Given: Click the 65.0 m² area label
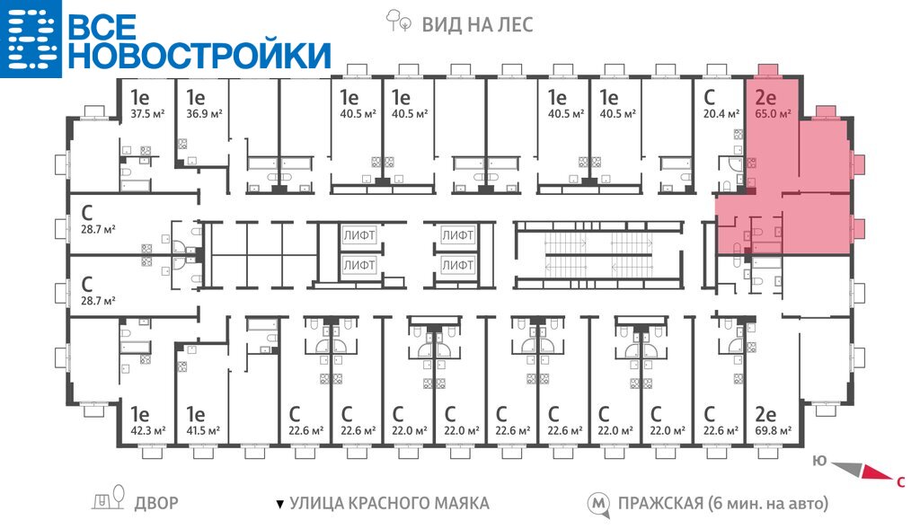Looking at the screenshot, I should coord(773,114).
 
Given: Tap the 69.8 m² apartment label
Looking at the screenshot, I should coord(773,431).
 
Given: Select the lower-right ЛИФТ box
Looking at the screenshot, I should coord(457,266).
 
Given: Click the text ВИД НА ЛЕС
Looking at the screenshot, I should coord(477,24).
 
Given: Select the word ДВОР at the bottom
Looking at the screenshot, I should coord(156,503).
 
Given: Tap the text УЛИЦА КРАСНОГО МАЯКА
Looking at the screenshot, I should coord(389,503).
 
